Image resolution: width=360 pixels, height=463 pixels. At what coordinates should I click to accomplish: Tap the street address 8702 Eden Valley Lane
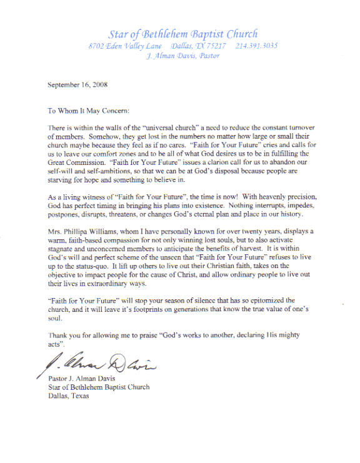point(126,46)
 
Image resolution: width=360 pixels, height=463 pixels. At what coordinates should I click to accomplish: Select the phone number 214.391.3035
point(257,46)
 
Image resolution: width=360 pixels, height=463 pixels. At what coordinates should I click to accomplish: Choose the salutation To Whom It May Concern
point(88,111)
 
